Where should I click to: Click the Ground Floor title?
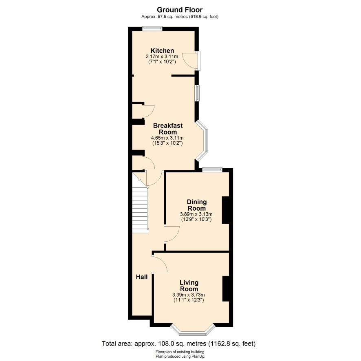180,10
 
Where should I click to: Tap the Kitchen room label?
162,51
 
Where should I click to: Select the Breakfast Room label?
168,129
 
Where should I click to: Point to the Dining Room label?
197,205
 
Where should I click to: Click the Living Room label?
189,286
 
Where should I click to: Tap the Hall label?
142,277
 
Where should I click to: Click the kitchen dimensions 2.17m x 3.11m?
162,57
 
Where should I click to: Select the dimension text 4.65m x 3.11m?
167,138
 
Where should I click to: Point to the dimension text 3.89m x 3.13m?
196,214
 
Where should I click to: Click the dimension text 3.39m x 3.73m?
189,295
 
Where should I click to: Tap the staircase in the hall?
140,203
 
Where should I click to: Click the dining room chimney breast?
225,210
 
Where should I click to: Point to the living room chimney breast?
226,288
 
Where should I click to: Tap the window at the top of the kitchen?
152,29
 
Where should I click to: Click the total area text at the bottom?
178,344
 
